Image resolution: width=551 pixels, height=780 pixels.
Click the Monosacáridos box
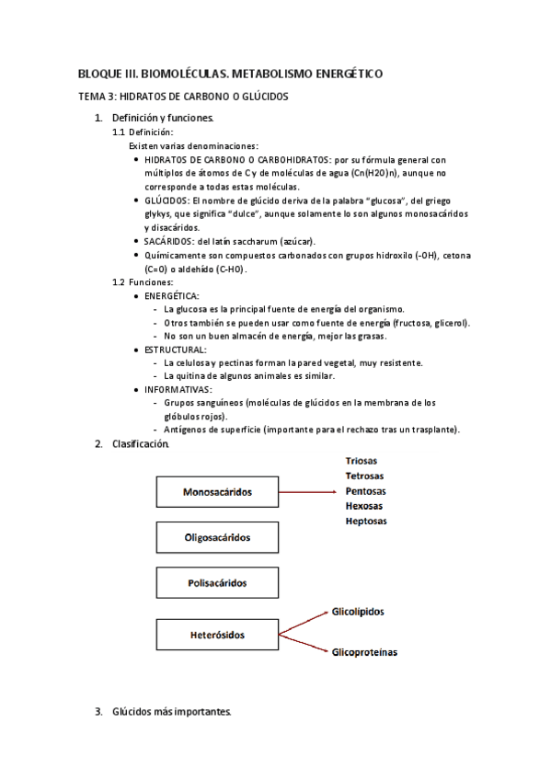tap(217, 492)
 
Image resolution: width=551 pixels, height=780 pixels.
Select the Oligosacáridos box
tap(217, 537)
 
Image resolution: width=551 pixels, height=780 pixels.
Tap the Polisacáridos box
tap(217, 582)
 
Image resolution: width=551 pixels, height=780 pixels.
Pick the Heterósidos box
tap(217, 634)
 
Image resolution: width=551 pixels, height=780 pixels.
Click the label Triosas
tap(362, 460)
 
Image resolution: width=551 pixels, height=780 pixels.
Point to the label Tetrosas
tap(364, 476)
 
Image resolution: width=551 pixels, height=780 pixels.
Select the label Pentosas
tap(364, 491)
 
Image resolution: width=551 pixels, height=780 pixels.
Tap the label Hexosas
tap(364, 506)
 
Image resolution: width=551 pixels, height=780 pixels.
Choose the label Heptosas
tap(366, 521)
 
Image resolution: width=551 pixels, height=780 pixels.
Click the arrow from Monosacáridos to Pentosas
tap(308, 492)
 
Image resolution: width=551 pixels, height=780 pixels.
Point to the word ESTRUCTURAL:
tap(176, 350)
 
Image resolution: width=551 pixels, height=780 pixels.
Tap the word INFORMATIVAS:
tap(178, 389)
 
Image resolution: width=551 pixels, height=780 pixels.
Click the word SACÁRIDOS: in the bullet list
tap(169, 241)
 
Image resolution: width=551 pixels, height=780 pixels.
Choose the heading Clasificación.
tap(141, 444)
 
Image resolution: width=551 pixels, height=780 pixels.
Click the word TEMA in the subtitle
tap(90, 96)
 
